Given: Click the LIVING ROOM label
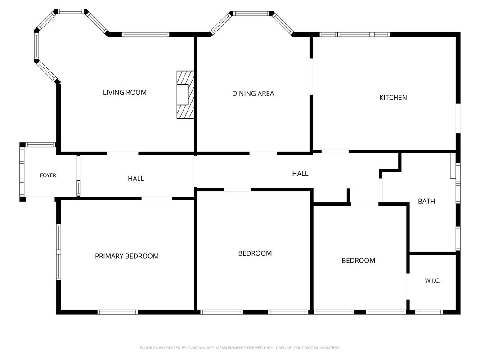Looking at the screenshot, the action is point(125,92).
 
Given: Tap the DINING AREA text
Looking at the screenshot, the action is point(253,94).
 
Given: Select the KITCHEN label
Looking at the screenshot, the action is point(393,98).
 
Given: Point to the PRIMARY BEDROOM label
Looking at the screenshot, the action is point(127,256).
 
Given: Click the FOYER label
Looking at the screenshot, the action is point(48,175).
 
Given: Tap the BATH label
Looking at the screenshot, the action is point(426,202).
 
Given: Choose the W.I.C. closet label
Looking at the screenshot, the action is point(433,280).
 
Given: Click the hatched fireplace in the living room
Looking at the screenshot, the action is point(185,95).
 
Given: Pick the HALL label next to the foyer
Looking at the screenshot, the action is point(136,179).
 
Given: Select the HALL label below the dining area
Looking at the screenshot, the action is point(300,174).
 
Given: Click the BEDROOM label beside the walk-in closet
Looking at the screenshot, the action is point(359,261).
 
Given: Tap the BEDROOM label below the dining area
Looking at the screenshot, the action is point(255,253).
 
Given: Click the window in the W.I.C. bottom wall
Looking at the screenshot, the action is point(429,312).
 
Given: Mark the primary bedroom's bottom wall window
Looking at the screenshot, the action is point(117,312).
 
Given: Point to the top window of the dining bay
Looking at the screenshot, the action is point(251,13).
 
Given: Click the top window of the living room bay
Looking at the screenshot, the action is point(72,11).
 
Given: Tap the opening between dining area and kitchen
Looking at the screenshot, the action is point(311,76).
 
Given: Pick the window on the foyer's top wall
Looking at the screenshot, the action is point(40,144).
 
